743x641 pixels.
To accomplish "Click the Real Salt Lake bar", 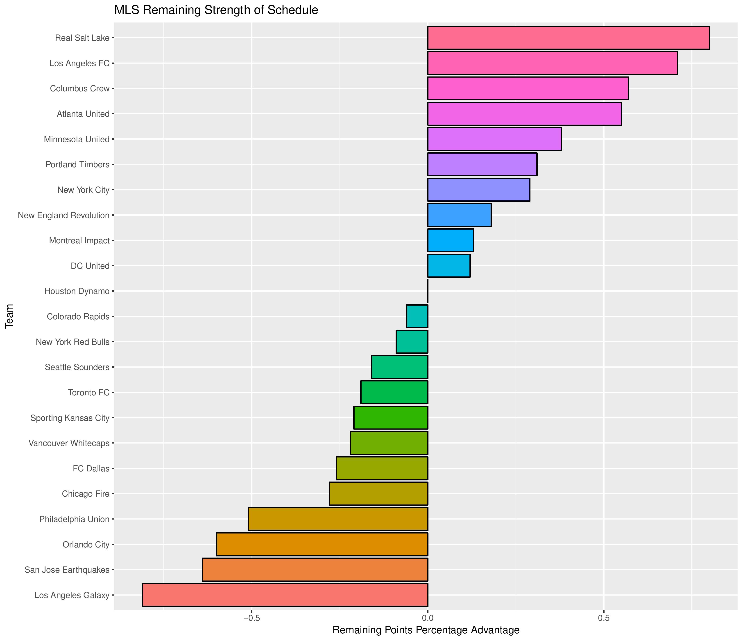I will point(568,38).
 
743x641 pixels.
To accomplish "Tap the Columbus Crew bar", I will point(528,88).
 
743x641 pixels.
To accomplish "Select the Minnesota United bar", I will point(494,139).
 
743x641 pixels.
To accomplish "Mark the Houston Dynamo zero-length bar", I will point(428,291).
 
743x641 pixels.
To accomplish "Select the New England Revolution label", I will point(63,215).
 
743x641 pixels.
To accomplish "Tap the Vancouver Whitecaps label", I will point(69,443).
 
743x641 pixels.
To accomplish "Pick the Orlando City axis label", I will point(86,545).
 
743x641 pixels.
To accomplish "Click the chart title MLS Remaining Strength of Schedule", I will point(216,10).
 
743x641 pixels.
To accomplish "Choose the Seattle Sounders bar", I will point(399,367).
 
